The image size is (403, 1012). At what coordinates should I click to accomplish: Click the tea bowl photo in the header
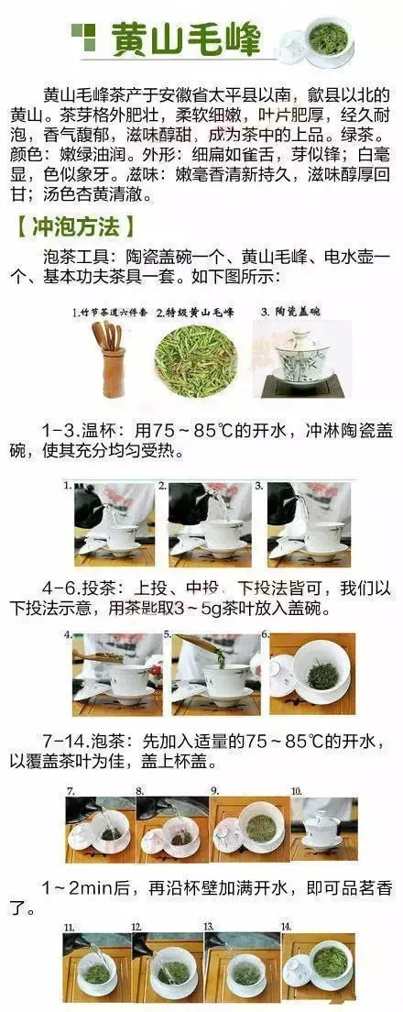(321, 39)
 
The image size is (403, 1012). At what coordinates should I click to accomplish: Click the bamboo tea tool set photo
(111, 358)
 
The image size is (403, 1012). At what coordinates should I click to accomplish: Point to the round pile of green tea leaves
(195, 360)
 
